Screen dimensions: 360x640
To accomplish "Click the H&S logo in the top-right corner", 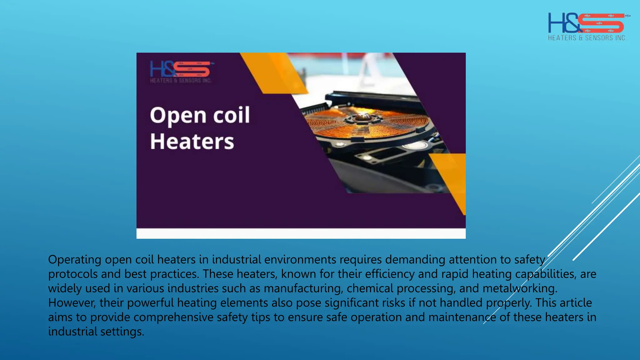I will click(587, 23).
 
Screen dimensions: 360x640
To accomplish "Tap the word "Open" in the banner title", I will click(178, 116).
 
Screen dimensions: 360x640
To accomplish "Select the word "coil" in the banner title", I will click(232, 115).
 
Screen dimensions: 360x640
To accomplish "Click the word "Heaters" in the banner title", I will click(192, 142).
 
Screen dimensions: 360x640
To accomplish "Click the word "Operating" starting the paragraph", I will click(75, 260).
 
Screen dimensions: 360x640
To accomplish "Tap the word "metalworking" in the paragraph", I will click(520, 288).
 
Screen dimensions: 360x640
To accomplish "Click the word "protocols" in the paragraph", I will click(72, 274).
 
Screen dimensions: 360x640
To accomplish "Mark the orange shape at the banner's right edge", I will click(452, 178).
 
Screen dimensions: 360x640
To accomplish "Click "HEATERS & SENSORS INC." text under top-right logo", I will click(587, 38).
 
